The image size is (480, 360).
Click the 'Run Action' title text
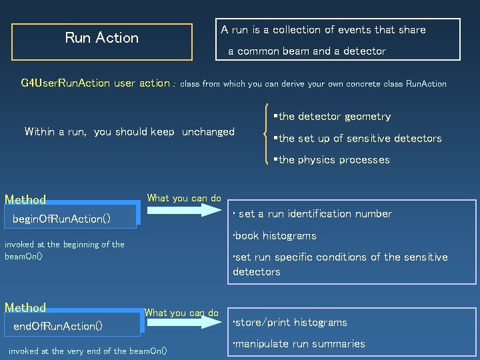[101, 38]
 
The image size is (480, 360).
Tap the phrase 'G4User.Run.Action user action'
[95, 83]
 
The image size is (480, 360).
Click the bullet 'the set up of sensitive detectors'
[360, 139]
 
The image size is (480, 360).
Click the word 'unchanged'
[208, 132]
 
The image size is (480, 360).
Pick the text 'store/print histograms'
[290, 323]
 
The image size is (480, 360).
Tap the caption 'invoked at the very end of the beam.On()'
[87, 351]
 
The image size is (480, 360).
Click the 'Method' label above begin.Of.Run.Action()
[25, 199]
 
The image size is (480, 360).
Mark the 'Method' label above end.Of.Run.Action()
[25, 307]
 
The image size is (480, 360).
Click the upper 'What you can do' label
[184, 198]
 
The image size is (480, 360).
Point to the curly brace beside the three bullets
[267, 138]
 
